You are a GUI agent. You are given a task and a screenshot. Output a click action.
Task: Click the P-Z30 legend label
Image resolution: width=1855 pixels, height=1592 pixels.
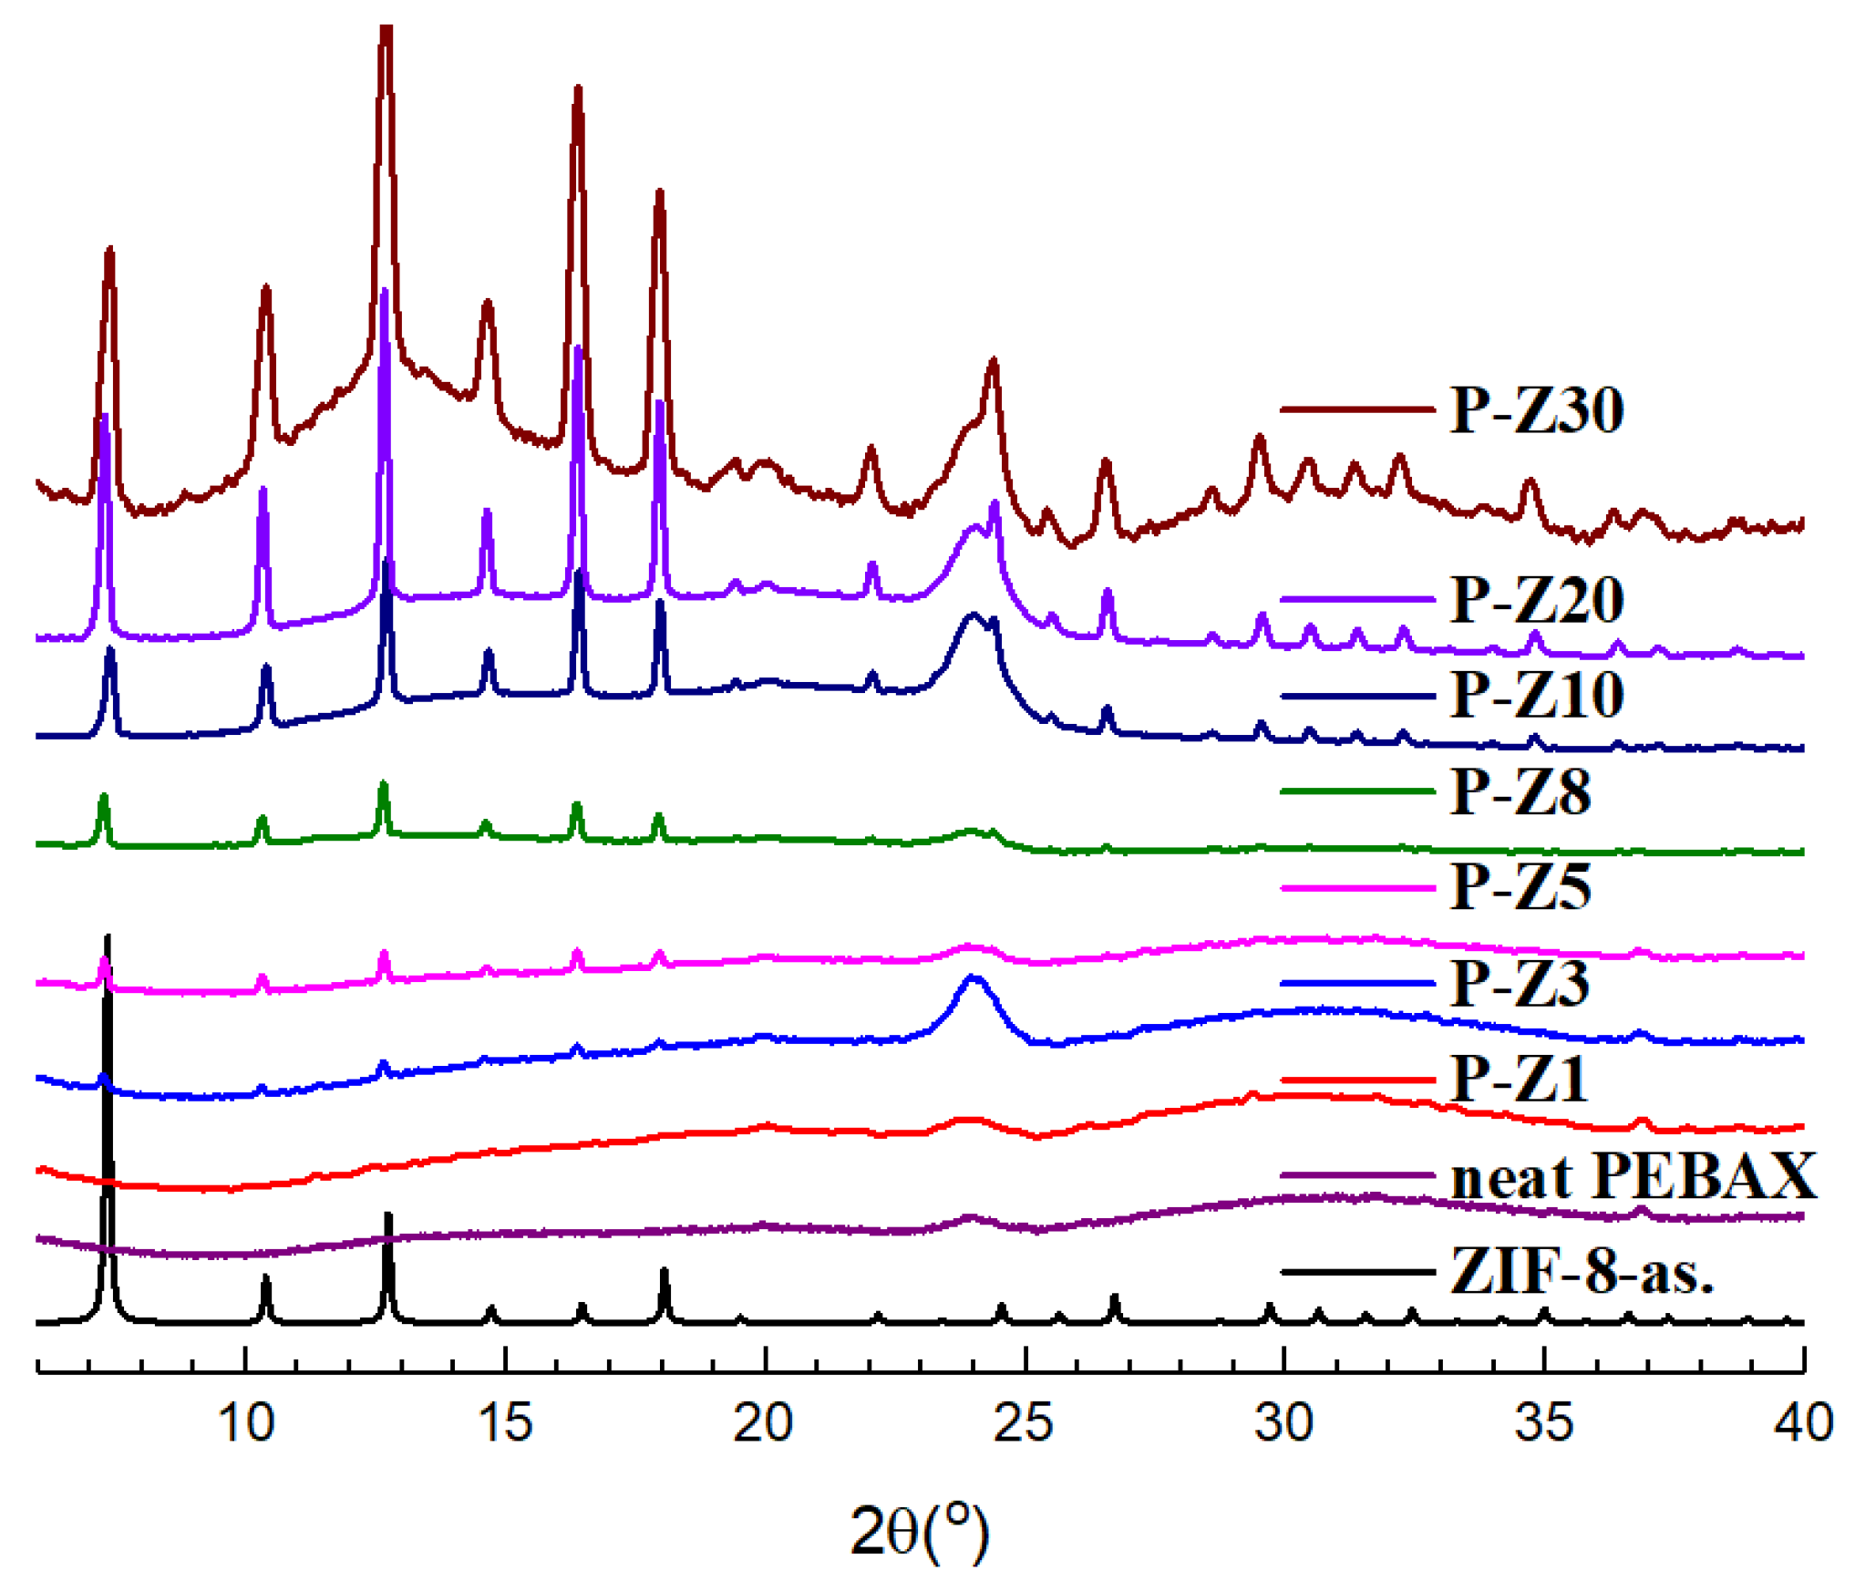pos(1537,409)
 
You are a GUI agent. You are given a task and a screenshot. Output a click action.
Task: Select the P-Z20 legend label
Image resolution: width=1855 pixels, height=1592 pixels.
pos(1537,599)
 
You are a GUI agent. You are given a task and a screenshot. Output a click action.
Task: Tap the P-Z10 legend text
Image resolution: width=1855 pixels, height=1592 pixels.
pos(1537,695)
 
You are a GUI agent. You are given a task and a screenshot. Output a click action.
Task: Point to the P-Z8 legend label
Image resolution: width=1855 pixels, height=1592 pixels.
pos(1520,791)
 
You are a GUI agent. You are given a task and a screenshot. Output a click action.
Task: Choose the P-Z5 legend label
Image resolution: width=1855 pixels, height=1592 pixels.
pos(1520,886)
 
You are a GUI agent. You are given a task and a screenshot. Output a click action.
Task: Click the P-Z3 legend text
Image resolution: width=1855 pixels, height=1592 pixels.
pos(1520,983)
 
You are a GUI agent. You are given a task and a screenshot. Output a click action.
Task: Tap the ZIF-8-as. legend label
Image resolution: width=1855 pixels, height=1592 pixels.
pos(1582,1271)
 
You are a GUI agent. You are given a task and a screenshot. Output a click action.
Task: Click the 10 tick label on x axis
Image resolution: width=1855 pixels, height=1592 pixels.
pos(246,1422)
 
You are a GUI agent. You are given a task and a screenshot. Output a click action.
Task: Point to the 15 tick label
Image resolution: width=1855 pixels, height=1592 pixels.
pos(505,1422)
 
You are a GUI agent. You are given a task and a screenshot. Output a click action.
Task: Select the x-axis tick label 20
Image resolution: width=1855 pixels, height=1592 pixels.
pos(764,1422)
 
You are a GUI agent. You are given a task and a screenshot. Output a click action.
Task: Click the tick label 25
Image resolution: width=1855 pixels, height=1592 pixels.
pos(1024,1422)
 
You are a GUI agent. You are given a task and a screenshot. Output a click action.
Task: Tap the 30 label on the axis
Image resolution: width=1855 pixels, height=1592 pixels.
pos(1283,1422)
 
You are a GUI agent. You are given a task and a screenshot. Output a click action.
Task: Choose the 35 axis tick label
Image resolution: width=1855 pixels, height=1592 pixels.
pos(1543,1422)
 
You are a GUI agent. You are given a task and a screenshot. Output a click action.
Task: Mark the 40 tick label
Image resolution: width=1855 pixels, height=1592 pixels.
pos(1803,1422)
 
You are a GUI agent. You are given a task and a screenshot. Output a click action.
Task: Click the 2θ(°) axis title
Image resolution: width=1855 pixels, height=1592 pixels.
pos(919,1530)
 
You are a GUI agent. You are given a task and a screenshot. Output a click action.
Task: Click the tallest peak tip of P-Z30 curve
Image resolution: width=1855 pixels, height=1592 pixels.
pos(386,29)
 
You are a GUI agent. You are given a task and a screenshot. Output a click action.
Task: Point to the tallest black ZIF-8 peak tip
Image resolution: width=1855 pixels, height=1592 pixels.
pos(108,937)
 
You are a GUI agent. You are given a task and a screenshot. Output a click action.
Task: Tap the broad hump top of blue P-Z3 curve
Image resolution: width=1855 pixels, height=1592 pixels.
pos(974,977)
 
